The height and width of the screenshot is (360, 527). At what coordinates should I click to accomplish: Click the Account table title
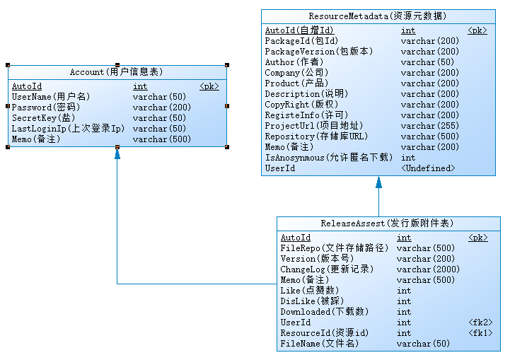pos(117,72)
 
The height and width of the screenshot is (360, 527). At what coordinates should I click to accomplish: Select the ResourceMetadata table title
pos(378,16)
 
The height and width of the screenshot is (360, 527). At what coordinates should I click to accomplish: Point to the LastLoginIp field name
pos(68,129)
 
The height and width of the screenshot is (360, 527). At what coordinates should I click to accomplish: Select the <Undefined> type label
pos(428,168)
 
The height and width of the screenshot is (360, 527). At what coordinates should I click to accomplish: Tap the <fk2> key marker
pos(480,323)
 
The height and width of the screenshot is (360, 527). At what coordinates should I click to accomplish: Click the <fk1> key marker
pos(480,333)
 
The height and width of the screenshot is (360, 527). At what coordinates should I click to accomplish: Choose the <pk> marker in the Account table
pos(209,86)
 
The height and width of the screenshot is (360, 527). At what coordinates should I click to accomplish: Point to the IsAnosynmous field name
pos(327,158)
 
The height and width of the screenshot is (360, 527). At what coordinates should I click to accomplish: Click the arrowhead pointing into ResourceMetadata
pos(378,182)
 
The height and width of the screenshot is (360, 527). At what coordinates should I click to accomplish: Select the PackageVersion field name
pos(318,52)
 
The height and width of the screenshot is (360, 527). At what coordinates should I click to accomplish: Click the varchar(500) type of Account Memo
pos(162,139)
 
